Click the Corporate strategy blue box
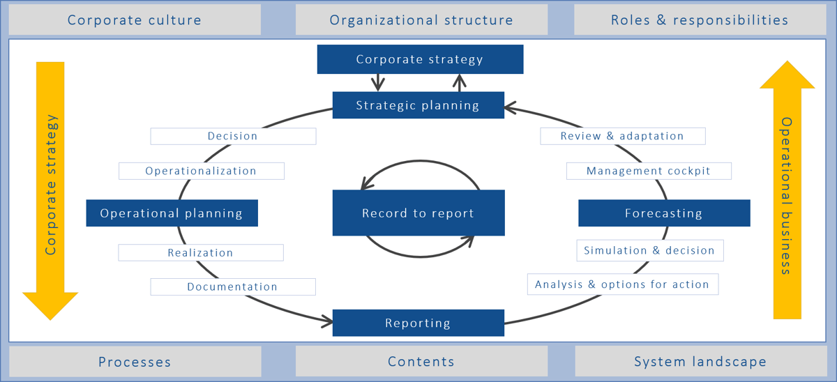pos(419,59)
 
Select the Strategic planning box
pos(418,105)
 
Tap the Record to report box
pos(418,213)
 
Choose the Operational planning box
pos(172,213)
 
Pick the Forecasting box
pos(664,213)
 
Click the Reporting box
pos(418,323)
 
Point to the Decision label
pos(233,136)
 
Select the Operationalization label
pos(201,171)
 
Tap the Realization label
pos(200,252)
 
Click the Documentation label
pos(232,286)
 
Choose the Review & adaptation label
pos(622,136)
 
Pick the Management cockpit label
pos(649,171)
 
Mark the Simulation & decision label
pos(649,250)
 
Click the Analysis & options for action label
pos(622,284)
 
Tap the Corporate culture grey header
pos(135,20)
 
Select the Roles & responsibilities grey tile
pos(700,20)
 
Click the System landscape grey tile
pos(700,362)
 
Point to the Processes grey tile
pos(135,362)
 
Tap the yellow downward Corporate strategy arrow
pos(50,188)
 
